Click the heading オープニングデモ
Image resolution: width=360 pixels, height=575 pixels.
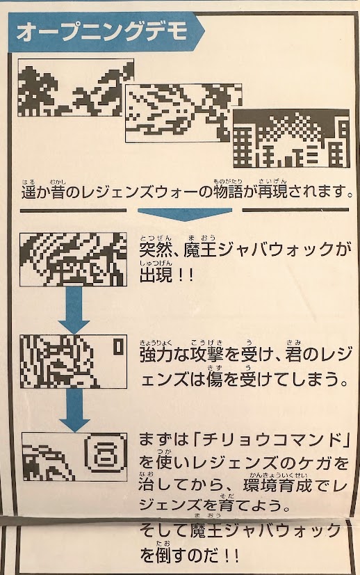tap(102, 33)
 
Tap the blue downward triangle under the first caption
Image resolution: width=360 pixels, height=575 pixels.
tap(185, 214)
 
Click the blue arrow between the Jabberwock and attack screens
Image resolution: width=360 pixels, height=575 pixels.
tap(74, 310)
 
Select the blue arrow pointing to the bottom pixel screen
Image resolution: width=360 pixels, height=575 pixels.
tap(74, 410)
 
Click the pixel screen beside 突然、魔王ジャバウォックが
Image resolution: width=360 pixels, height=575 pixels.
tap(73, 259)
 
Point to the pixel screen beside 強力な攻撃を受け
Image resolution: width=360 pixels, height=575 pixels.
tap(73, 362)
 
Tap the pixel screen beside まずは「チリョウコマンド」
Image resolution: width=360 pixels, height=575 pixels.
tap(74, 457)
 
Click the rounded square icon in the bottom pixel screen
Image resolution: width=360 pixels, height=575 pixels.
tap(104, 456)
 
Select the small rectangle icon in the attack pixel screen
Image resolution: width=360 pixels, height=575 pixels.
tap(117, 347)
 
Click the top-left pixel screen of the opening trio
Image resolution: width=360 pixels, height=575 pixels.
tap(76, 88)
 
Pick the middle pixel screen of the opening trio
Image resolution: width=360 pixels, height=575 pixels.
tap(183, 113)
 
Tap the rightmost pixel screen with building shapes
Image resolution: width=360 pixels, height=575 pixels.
tap(291, 138)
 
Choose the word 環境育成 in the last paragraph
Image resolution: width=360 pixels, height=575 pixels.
tap(277, 485)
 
